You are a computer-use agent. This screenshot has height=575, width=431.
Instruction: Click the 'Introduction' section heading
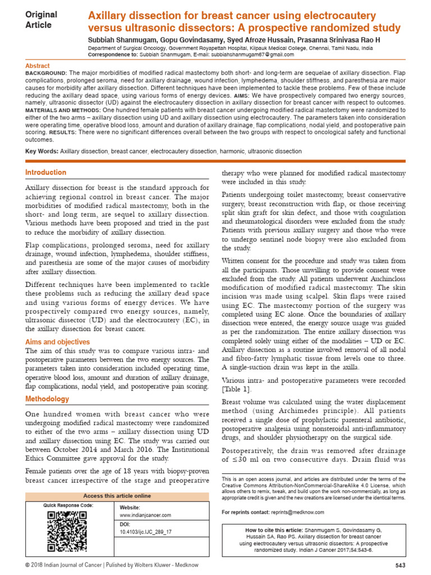coord(46,172)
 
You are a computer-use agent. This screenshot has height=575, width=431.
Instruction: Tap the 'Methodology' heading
coord(48,399)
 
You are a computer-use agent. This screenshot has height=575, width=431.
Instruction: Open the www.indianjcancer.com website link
coord(145,515)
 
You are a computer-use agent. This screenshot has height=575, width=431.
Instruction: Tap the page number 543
coord(400,565)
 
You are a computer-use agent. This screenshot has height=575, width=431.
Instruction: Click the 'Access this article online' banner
coord(117,496)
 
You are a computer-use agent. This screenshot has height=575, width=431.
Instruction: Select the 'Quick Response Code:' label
coord(68,505)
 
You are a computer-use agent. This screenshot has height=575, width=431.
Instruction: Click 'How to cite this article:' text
coord(274,530)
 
